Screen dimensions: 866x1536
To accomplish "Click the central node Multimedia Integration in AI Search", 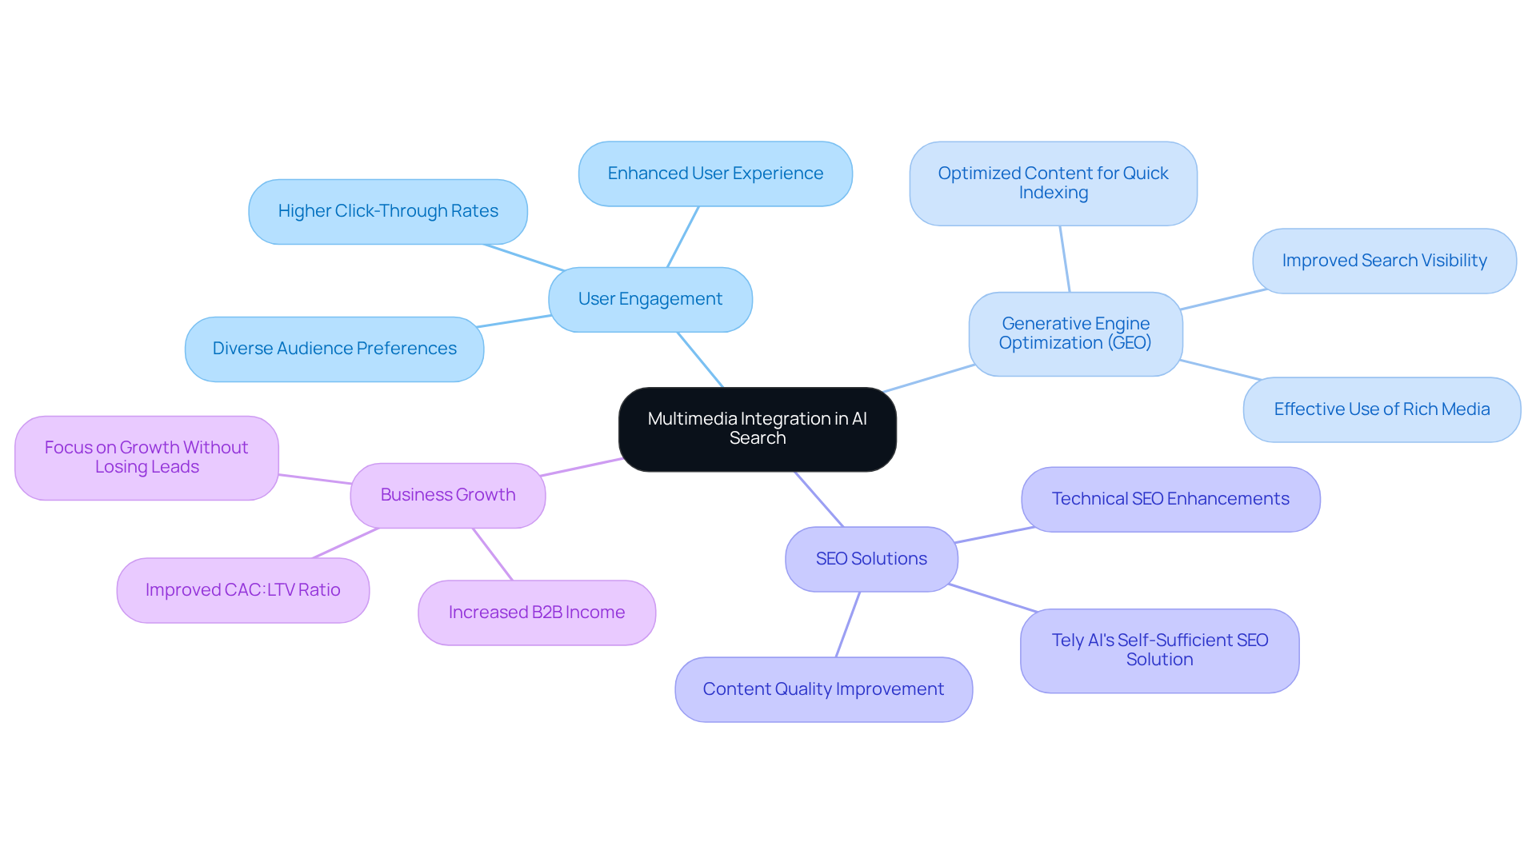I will click(x=757, y=429).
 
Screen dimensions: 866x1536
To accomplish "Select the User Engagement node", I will click(x=650, y=299).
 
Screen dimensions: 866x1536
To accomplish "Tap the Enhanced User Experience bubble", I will click(x=714, y=174).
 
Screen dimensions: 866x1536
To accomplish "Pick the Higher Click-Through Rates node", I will click(x=387, y=211).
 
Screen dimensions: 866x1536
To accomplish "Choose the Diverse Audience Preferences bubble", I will click(x=334, y=349).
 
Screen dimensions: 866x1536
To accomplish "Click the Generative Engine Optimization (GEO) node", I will click(x=1074, y=333).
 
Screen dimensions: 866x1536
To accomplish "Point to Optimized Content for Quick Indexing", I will click(x=1052, y=183).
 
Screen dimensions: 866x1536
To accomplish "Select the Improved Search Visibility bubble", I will click(x=1383, y=261).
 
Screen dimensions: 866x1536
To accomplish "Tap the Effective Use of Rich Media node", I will click(x=1381, y=409).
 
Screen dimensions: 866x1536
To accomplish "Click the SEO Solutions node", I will click(x=870, y=559).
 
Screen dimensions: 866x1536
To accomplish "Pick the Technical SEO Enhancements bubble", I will click(x=1170, y=499).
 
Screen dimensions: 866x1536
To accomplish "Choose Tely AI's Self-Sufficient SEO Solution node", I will click(x=1158, y=650).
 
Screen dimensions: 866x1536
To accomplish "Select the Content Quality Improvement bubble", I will click(x=822, y=689).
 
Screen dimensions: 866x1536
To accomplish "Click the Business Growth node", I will click(x=447, y=495).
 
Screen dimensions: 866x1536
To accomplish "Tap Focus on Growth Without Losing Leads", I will click(x=146, y=457).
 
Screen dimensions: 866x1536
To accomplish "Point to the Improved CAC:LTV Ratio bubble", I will click(x=242, y=590).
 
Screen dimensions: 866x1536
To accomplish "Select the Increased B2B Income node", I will click(x=536, y=613).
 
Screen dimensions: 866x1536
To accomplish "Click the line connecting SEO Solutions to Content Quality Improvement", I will click(x=848, y=625).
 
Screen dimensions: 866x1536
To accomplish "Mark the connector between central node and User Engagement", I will click(x=700, y=360).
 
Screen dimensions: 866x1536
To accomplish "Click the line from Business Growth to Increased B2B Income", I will click(x=492, y=554).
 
